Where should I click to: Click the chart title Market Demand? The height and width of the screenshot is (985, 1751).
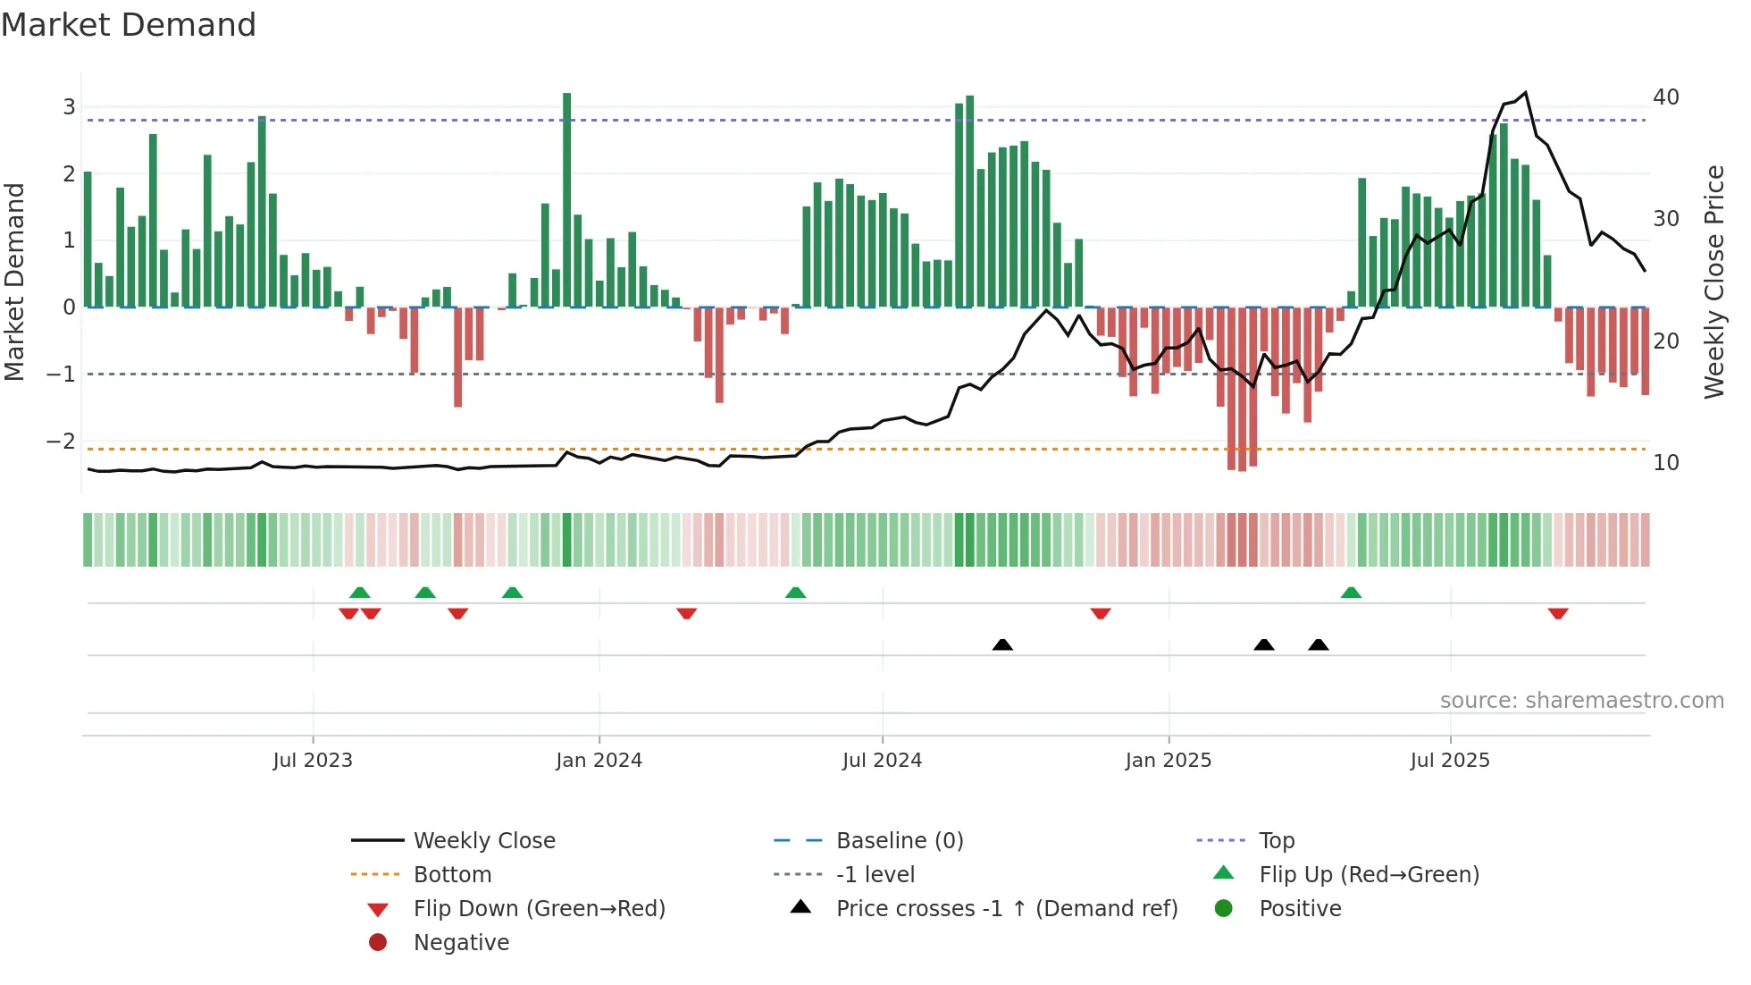point(129,25)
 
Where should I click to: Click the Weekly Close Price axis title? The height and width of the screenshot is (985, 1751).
point(1713,282)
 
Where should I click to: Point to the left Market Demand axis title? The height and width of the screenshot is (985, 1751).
point(15,282)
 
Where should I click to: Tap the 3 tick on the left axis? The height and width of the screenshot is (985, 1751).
point(69,107)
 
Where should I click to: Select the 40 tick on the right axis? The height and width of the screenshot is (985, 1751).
point(1665,97)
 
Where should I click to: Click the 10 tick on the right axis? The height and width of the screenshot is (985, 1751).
point(1665,463)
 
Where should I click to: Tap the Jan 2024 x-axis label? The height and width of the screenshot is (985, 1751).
point(599,761)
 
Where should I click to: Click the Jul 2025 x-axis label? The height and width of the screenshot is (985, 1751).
point(1450,761)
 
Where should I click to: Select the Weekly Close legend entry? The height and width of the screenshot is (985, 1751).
point(484,841)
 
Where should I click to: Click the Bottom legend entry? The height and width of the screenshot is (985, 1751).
point(452,875)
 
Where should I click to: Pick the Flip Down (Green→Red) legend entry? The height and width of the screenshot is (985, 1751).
point(539,909)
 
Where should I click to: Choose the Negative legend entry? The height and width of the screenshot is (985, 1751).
point(461,943)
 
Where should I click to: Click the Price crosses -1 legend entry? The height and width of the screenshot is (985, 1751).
point(1007,909)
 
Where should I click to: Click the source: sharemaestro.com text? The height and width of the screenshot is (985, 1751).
point(1581,701)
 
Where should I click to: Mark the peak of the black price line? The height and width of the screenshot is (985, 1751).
point(1525,92)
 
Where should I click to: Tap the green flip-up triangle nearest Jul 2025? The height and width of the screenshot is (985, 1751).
point(1351,593)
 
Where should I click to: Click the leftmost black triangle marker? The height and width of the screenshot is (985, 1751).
point(1002,644)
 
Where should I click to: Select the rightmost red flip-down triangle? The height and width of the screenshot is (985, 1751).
point(1558,613)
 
